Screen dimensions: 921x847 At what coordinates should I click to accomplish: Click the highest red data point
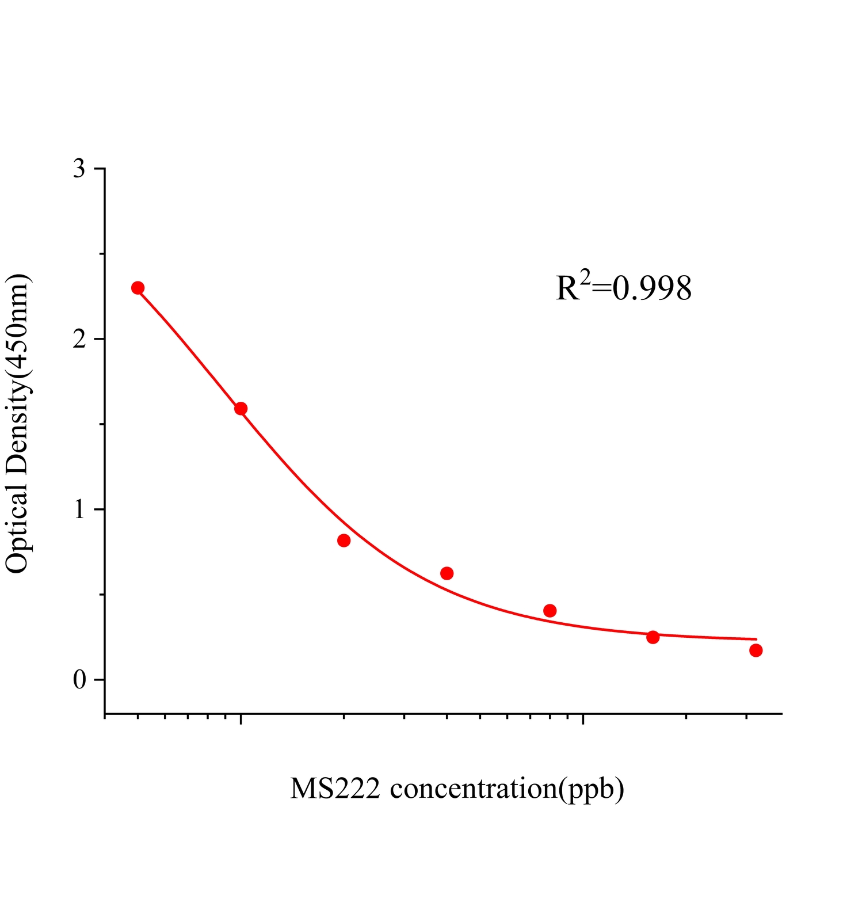click(138, 288)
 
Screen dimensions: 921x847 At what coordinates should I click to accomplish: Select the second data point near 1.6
click(241, 409)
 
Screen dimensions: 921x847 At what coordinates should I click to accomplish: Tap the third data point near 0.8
click(344, 541)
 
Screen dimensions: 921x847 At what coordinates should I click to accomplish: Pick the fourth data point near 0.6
click(447, 573)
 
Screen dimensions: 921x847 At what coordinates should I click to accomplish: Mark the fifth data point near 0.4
click(550, 611)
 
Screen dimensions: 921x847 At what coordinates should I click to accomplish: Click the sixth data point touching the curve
click(653, 637)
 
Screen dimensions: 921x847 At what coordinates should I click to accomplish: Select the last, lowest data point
click(756, 650)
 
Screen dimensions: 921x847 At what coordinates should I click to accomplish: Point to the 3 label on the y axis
click(79, 169)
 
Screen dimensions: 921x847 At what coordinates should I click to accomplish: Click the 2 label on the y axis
click(79, 340)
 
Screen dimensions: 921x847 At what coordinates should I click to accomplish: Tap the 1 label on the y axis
click(79, 510)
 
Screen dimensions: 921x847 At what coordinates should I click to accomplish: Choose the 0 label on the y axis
click(79, 680)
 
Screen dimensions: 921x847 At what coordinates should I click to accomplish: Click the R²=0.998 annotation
click(624, 288)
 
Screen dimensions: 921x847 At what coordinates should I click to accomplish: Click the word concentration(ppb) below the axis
click(507, 789)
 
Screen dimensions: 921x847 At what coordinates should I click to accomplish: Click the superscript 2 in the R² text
click(585, 279)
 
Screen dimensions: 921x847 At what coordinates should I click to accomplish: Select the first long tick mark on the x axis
click(241, 720)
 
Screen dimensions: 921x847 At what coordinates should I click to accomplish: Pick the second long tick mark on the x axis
click(583, 720)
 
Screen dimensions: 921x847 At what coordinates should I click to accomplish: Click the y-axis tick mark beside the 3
click(100, 169)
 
